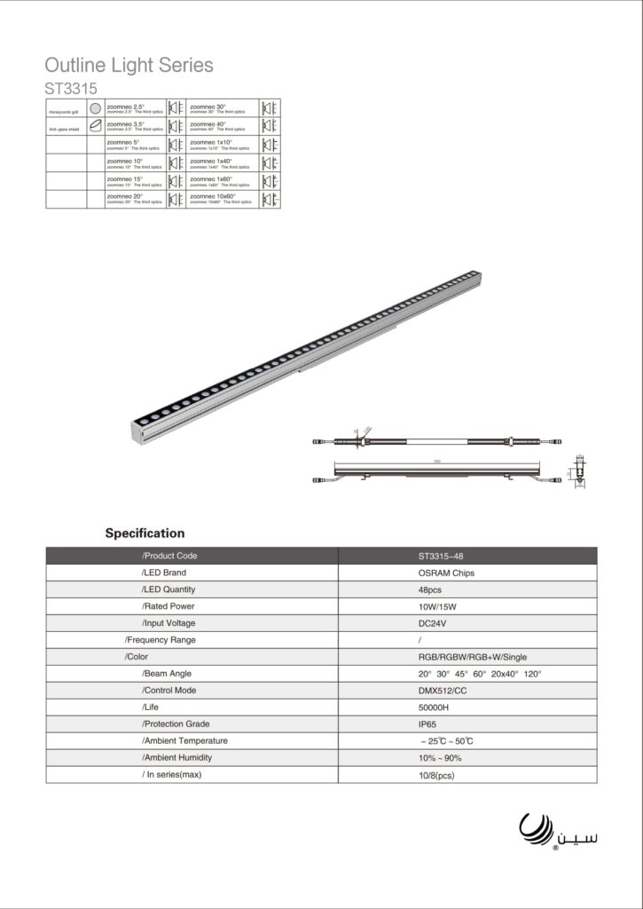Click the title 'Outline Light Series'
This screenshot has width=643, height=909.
pyautogui.click(x=129, y=66)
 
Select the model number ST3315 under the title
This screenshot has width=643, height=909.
pyautogui.click(x=71, y=89)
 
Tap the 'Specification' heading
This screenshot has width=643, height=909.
pyautogui.click(x=145, y=534)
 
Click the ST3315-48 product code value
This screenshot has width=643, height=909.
pyautogui.click(x=441, y=556)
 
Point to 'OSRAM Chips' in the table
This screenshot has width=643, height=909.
pyautogui.click(x=446, y=573)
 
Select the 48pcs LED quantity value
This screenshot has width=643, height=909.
pyautogui.click(x=430, y=589)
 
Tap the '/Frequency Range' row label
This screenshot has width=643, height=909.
pyautogui.click(x=161, y=640)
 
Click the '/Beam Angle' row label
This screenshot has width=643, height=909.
pyautogui.click(x=167, y=674)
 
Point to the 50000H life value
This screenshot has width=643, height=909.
pyautogui.click(x=434, y=707)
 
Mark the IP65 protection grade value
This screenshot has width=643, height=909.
pyautogui.click(x=428, y=724)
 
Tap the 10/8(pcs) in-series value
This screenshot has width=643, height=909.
pyautogui.click(x=437, y=775)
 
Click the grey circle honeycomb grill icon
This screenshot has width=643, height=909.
pyautogui.click(x=96, y=108)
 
